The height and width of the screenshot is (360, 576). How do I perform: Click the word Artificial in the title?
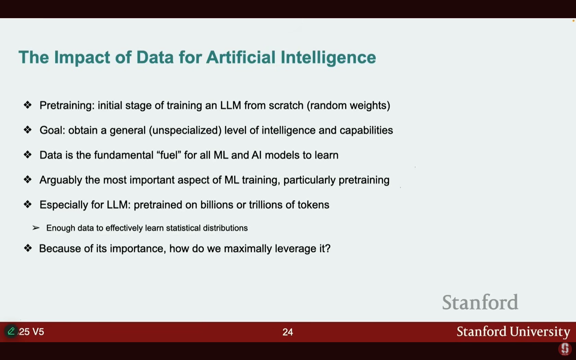pos(241,57)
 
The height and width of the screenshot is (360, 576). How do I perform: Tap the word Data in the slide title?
pos(155,57)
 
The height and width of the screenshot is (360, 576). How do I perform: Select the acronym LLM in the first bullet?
pos(230,105)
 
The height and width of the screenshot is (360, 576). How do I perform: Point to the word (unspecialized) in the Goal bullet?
pos(185,130)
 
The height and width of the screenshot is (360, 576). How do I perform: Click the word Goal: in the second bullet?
pos(52,130)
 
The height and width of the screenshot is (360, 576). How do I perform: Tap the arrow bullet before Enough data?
pos(36,228)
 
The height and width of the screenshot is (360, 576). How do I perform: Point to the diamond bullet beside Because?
pos(28,248)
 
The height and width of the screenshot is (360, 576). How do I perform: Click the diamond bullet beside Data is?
pos(27,155)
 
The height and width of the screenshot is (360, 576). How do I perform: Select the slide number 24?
pos(288,332)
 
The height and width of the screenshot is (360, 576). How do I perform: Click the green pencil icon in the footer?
pos(11,331)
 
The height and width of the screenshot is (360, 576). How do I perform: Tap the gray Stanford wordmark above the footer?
pos(480,302)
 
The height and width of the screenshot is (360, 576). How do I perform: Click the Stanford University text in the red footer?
pos(513,332)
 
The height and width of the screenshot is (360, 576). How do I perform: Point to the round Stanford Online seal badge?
pos(565,349)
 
